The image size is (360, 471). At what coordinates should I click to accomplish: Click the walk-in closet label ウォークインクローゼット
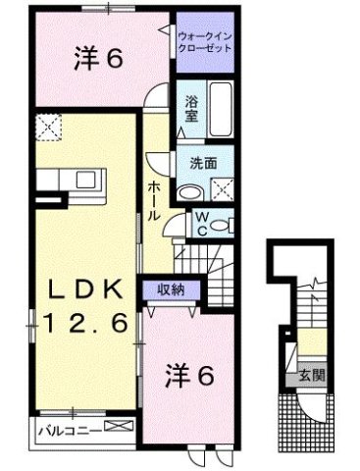point(205,42)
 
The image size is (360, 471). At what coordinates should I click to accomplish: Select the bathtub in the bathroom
point(219,111)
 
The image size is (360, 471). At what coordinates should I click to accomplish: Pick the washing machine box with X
point(223,190)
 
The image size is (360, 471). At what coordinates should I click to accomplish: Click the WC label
point(199,224)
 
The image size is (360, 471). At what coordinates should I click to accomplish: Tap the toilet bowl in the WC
point(224,225)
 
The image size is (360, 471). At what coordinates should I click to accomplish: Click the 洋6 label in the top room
point(99,60)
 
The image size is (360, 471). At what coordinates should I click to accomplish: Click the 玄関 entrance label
point(311,376)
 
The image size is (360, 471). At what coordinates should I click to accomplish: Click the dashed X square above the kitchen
point(47,127)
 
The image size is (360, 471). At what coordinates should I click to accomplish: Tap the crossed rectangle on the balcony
point(120,427)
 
